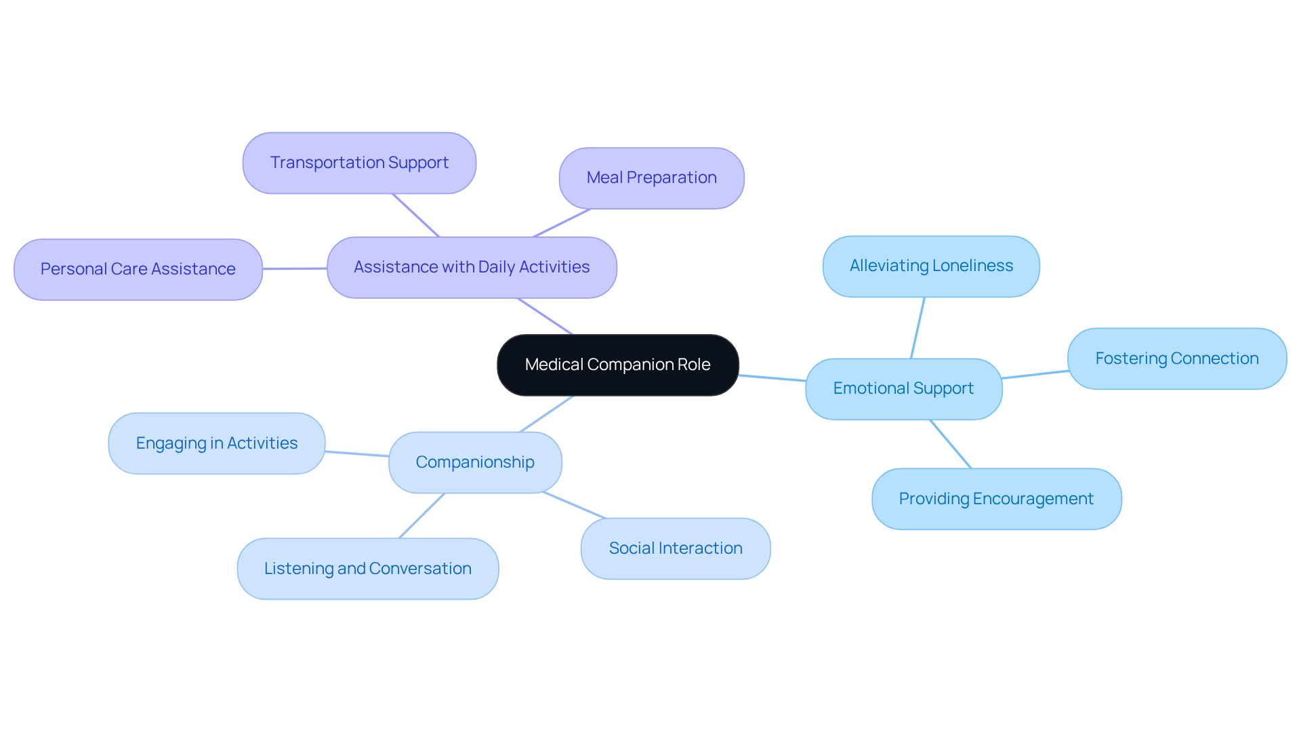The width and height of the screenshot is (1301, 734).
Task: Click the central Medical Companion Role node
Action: (617, 365)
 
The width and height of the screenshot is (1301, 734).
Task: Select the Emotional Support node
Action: (903, 388)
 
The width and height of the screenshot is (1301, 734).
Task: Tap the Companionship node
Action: (475, 462)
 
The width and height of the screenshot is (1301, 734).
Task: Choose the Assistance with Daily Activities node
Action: (472, 267)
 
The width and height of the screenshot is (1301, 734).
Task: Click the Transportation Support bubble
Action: (359, 163)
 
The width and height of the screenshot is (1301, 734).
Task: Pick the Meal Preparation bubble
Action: (651, 178)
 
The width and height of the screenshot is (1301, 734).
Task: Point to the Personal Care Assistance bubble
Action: (138, 269)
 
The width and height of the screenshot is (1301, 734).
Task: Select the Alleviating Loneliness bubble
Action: (931, 266)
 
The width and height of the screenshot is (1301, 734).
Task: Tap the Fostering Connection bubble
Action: (1176, 359)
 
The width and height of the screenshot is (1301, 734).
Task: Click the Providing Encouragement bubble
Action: (996, 499)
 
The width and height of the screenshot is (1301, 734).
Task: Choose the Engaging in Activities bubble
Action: (216, 443)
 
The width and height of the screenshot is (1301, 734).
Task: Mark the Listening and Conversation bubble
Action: (367, 569)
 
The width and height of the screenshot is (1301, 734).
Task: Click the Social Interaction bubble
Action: (675, 548)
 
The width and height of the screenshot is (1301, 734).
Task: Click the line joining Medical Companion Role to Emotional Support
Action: (772, 378)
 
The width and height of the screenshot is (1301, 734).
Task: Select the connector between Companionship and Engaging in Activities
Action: (357, 454)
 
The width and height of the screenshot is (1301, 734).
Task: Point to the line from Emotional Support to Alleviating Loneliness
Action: (917, 328)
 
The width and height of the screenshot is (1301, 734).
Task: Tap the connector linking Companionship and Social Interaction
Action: (574, 506)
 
